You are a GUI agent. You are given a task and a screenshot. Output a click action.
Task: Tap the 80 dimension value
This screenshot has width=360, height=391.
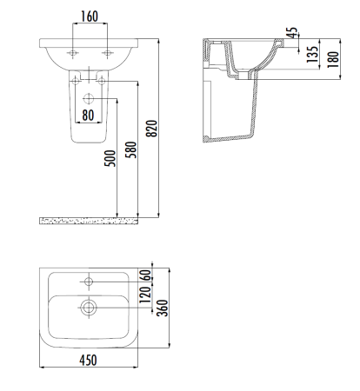[88, 113]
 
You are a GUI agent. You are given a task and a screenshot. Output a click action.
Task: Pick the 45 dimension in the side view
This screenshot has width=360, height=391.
[294, 34]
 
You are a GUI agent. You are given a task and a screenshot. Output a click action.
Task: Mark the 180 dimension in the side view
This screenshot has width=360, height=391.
[333, 59]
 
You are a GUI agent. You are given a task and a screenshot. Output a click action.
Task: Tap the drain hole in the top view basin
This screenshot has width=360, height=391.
[88, 306]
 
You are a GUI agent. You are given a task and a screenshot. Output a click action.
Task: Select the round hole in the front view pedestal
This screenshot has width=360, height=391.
[87, 96]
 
